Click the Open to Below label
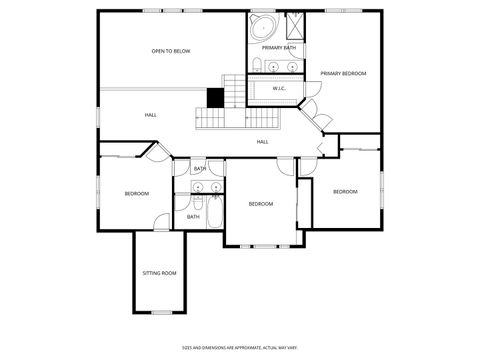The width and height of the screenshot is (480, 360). pos(171,51)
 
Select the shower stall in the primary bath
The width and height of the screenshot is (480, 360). pos(296,26)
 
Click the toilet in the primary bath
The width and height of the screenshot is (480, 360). pos(257,67)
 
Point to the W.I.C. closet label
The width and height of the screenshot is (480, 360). pos(279,88)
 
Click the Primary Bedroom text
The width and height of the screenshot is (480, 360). pos(343,74)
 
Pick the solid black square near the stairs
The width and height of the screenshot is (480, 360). pos(214,97)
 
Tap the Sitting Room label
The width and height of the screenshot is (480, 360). pos(159,273)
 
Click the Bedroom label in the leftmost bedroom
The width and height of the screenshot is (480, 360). pos(137,193)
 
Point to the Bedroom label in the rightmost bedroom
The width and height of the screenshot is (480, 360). pos(345,191)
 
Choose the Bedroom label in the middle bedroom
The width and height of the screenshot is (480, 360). pos(260,204)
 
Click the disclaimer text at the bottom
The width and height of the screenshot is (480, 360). pos(239,348)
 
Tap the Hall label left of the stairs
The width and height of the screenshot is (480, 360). pos(151,115)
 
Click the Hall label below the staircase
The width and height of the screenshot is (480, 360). pos(263,142)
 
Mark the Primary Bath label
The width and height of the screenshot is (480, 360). pos(279,48)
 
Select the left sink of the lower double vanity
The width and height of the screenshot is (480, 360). pos(198,187)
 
